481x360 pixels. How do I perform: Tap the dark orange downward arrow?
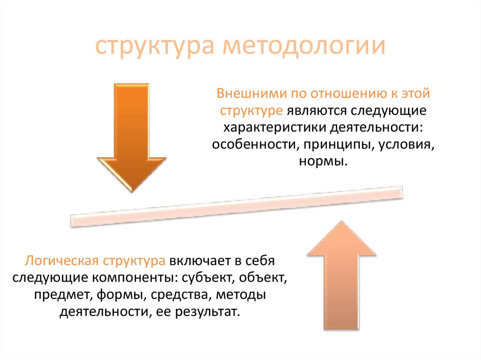(x=132, y=136)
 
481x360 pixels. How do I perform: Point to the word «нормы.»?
(x=323, y=161)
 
